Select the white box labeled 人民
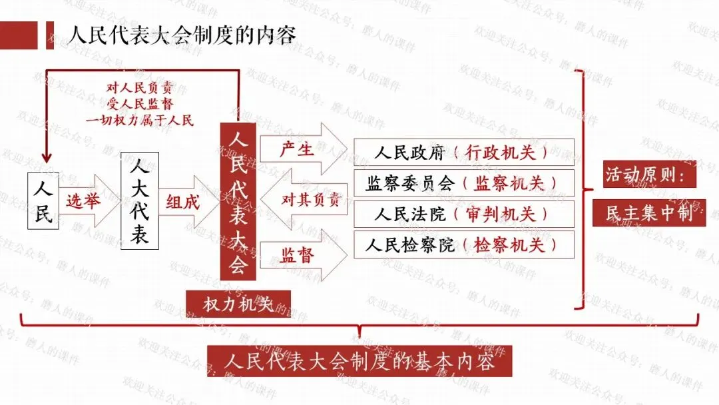pyautogui.click(x=43, y=200)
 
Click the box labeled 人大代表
pyautogui.click(x=140, y=201)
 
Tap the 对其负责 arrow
pyautogui.click(x=306, y=199)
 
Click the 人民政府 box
pyautogui.click(x=463, y=153)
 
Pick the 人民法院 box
pyautogui.click(x=463, y=214)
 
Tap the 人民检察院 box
pyautogui.click(x=463, y=244)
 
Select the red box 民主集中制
pyautogui.click(x=648, y=212)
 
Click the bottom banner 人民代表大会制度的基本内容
pyautogui.click(x=359, y=362)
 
